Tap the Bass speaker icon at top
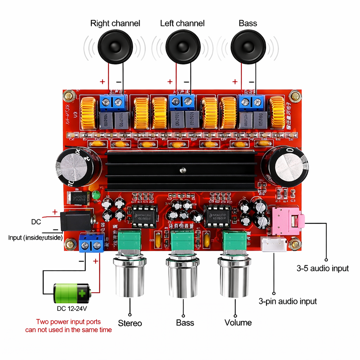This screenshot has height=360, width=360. (x=248, y=46)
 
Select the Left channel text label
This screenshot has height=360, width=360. (x=182, y=24)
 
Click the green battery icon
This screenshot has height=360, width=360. (x=72, y=293)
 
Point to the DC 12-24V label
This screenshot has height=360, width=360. (x=72, y=309)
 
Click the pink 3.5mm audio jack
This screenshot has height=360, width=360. (x=288, y=220)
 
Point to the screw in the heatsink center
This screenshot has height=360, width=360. (x=182, y=171)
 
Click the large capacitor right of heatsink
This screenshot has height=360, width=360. (x=285, y=166)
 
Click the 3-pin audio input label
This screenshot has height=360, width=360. (x=288, y=301)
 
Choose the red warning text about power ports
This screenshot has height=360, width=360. (x=69, y=326)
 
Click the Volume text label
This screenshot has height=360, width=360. (x=238, y=323)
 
